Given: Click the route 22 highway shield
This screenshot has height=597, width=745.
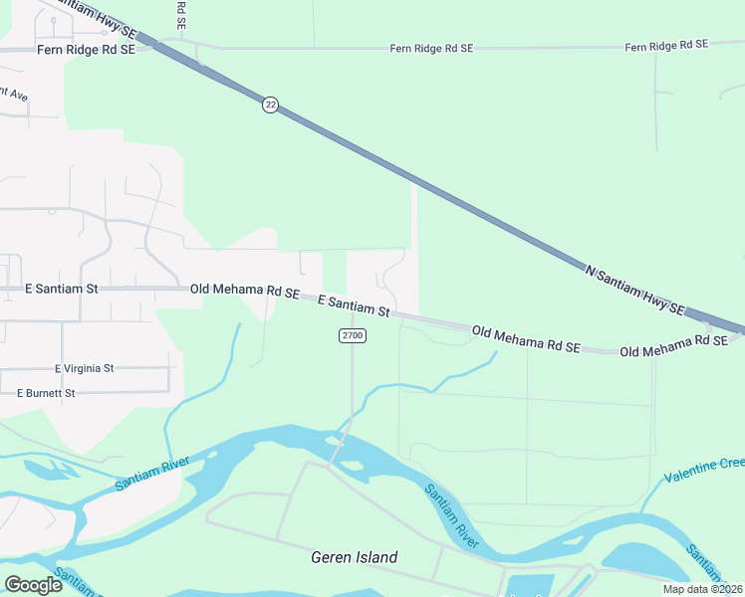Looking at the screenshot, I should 270,104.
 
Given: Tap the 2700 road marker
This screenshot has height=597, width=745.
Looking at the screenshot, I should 353,336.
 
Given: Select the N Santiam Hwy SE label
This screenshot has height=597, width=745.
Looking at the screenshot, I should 634,289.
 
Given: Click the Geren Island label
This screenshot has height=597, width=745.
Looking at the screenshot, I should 354,557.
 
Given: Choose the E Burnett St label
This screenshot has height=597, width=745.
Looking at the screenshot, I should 46,393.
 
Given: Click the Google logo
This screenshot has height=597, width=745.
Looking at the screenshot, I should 33,585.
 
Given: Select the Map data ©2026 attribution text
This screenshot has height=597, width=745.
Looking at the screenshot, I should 703,589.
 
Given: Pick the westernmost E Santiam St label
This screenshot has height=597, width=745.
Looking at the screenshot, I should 62,289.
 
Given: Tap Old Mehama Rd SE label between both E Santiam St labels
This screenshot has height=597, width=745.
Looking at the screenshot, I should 245,292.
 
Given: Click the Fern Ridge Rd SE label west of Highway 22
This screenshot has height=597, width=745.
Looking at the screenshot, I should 85,50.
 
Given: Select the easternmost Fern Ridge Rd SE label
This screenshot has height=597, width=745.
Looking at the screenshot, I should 665,46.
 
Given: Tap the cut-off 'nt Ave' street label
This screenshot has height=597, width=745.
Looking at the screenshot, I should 14,94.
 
